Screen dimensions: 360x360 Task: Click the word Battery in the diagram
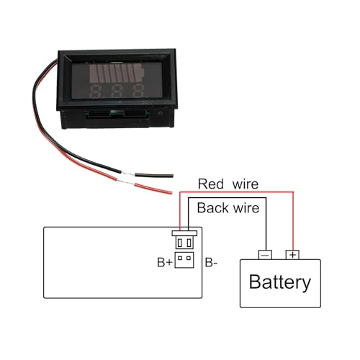pyautogui.click(x=279, y=282)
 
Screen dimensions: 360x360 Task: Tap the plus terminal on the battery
pyautogui.click(x=292, y=254)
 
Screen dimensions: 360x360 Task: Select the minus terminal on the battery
pyautogui.click(x=265, y=254)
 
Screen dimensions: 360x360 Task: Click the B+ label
pyautogui.click(x=163, y=263)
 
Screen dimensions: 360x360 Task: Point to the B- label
pyautogui.click(x=212, y=263)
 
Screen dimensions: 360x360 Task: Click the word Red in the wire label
pyautogui.click(x=212, y=184)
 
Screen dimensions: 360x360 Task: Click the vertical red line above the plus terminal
pyautogui.click(x=292, y=220)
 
